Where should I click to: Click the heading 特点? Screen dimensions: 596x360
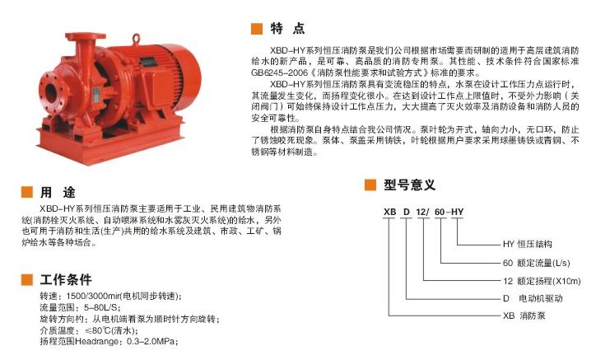tap(287, 29)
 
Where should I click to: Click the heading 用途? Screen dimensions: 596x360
tap(58, 192)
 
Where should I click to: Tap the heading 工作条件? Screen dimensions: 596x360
tap(66, 280)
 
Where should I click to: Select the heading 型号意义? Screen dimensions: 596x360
tap(409, 185)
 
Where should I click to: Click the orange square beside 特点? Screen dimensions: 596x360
tap(257, 29)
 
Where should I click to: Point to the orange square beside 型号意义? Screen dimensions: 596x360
tap(370, 185)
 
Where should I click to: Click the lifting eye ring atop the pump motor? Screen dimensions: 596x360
tap(136, 39)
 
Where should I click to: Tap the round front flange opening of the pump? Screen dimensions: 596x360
tap(50, 92)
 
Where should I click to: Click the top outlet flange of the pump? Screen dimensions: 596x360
tap(85, 37)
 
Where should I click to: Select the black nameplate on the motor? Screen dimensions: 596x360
tap(148, 63)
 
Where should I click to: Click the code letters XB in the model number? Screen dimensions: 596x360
tap(389, 212)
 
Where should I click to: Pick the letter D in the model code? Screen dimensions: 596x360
tap(407, 212)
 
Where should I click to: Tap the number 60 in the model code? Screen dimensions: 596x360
tap(440, 212)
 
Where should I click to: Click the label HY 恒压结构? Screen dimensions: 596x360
tap(527, 245)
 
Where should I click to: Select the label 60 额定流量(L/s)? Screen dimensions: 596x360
tap(537, 263)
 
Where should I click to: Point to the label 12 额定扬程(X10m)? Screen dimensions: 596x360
tap(542, 281)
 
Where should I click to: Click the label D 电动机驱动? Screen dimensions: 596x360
tap(533, 298)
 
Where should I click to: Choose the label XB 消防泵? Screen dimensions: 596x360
tap(524, 316)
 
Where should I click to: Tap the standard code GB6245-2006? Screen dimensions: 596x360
tap(279, 72)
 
